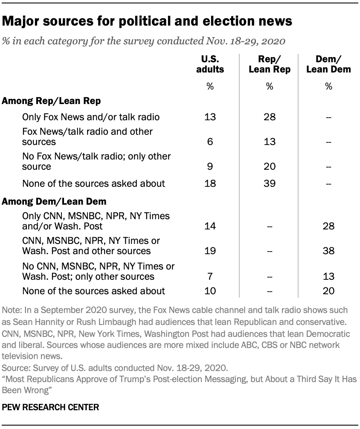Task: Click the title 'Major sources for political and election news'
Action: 148,21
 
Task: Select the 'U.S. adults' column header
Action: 210,64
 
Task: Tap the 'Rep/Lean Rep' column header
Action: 269,64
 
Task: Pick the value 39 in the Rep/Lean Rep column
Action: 269,184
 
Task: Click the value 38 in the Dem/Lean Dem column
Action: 328,251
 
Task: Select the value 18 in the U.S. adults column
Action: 210,184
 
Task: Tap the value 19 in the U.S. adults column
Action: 210,251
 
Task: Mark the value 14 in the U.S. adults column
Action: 210,226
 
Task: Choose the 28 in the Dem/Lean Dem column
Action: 328,226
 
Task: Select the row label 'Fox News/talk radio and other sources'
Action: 87,136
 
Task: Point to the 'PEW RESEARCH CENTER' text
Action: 51,407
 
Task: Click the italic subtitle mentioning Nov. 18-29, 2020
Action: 144,42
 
